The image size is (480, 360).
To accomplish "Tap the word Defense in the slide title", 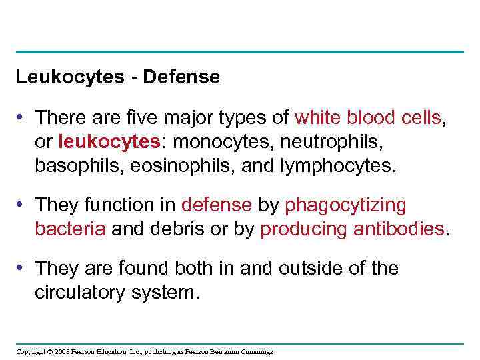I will pyautogui.click(x=181, y=77).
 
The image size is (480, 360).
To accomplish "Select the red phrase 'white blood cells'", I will pyautogui.click(x=367, y=117).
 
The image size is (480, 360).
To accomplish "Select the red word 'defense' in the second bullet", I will pyautogui.click(x=217, y=205).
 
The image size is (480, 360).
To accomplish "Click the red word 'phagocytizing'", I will pyautogui.click(x=345, y=205).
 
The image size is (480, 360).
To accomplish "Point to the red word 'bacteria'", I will pyautogui.click(x=71, y=229).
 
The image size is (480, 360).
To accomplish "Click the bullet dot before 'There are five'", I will pyautogui.click(x=23, y=117).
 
